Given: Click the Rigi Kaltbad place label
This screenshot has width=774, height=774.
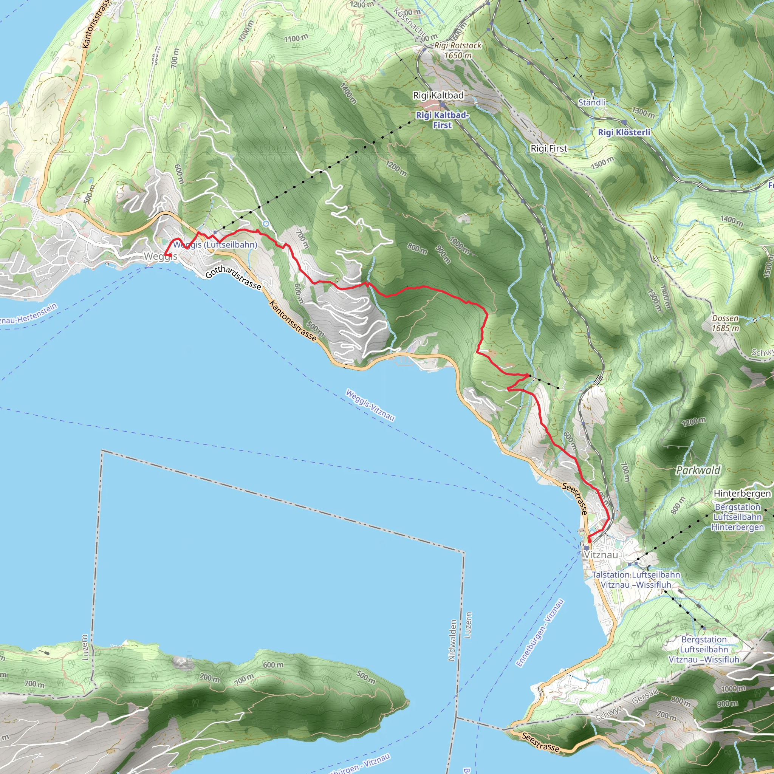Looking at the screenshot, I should pos(438,95).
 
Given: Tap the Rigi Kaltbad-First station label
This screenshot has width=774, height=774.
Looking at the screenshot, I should pos(442,120).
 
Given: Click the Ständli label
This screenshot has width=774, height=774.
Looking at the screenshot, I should pos(591,102).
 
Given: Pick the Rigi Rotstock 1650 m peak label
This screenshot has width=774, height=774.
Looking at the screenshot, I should pos(458,51).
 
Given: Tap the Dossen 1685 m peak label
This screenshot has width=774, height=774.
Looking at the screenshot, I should pos(725,323).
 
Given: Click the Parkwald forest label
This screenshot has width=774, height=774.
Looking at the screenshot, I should pos(698,470).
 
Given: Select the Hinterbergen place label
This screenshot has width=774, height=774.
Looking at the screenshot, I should pos(742,494).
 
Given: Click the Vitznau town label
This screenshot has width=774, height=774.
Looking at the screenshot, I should pos(601,555).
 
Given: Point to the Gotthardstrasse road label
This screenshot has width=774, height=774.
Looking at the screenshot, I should pos(233,278).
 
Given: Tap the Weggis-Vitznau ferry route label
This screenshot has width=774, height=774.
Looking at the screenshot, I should pos(370,405).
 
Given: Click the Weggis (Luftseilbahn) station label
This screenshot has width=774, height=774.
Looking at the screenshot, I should pos(215,245).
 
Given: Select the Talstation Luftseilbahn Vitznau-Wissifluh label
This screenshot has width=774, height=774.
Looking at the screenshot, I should pos(636,580).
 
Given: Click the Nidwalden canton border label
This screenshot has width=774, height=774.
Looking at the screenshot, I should pos(452,640).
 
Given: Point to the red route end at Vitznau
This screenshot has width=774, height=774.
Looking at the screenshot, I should pos(589,541).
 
